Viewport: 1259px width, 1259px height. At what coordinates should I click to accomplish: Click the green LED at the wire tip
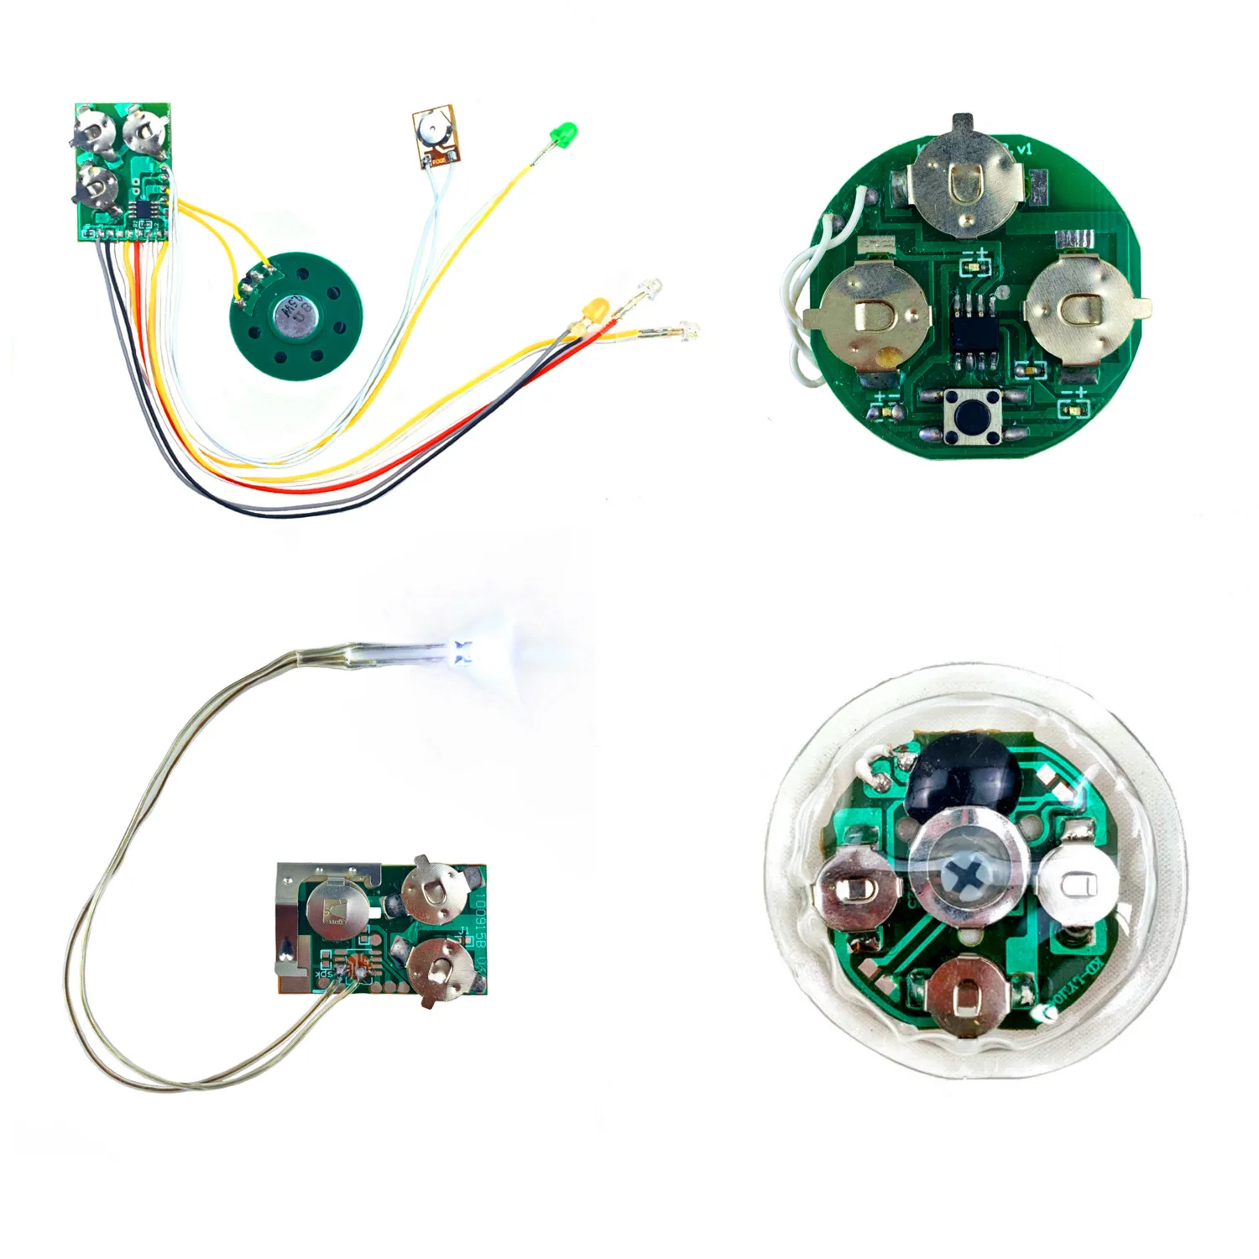coord(564,133)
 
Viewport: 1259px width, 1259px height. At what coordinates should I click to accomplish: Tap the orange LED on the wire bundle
coord(597,308)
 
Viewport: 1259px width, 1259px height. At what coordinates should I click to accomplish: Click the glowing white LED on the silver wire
coord(461,650)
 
